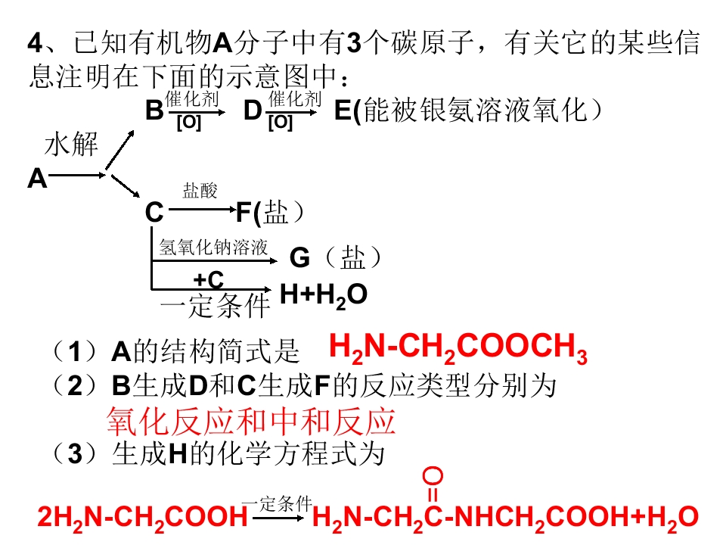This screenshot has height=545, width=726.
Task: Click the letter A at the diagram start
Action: point(38,179)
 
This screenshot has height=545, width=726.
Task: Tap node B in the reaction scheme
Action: point(154,111)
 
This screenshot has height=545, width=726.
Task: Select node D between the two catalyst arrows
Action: point(253,111)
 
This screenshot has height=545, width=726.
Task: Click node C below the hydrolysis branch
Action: point(154,212)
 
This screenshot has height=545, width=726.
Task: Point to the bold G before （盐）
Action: point(299,257)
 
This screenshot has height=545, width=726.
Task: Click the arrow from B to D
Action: point(197,112)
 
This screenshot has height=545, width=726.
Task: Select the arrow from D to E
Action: point(294,112)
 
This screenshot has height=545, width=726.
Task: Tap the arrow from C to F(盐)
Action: point(203,210)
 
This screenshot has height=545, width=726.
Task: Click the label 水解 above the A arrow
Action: point(71,144)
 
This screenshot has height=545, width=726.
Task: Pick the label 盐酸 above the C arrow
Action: point(200,190)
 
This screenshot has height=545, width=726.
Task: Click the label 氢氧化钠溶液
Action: point(213,247)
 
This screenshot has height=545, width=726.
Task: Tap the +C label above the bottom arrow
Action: point(209,279)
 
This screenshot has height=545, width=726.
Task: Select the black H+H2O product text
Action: point(324,294)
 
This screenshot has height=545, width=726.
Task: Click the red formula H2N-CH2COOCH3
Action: point(458,347)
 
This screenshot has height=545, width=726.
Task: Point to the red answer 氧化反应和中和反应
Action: point(251,421)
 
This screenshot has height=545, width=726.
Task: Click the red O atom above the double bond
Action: point(433,476)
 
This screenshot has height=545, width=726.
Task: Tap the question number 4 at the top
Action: point(36,42)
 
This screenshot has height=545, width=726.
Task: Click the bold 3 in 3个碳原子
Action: point(354,42)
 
